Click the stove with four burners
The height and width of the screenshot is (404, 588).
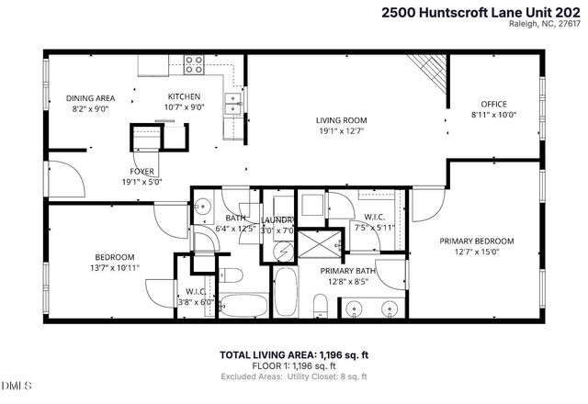[x=194, y=64]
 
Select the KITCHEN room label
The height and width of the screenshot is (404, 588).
[x=183, y=96]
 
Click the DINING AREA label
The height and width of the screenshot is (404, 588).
[x=89, y=97]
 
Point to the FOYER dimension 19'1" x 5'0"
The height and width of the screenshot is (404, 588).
[x=142, y=182]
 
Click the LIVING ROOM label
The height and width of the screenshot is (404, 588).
[x=341, y=119]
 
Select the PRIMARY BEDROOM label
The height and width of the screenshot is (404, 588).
[x=475, y=241]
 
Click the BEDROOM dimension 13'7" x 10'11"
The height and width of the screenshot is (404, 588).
[x=115, y=268]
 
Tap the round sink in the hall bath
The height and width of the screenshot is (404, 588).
[x=203, y=204]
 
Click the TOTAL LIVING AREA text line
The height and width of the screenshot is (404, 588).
[x=294, y=354]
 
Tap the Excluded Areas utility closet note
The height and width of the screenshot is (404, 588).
[x=294, y=376]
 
